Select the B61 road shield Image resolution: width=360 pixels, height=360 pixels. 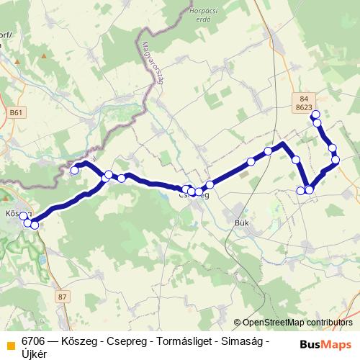tap(17, 112)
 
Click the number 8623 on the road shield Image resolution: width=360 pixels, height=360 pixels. tap(303, 107)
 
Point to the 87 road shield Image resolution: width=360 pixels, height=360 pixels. tap(63, 297)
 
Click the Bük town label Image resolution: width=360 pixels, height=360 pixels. tap(242, 222)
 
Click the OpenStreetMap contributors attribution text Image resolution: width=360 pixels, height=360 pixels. tap(297, 323)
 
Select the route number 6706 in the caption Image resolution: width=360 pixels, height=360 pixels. tap(32, 340)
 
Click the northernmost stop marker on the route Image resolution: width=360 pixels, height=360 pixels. tap(315, 114)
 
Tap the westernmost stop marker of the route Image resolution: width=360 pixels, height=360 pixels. tap(23, 216)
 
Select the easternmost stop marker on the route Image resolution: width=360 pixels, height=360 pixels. tap(336, 159)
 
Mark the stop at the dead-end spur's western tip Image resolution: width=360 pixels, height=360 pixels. tap(74, 171)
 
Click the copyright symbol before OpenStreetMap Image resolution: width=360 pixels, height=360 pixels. tap(237, 323)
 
